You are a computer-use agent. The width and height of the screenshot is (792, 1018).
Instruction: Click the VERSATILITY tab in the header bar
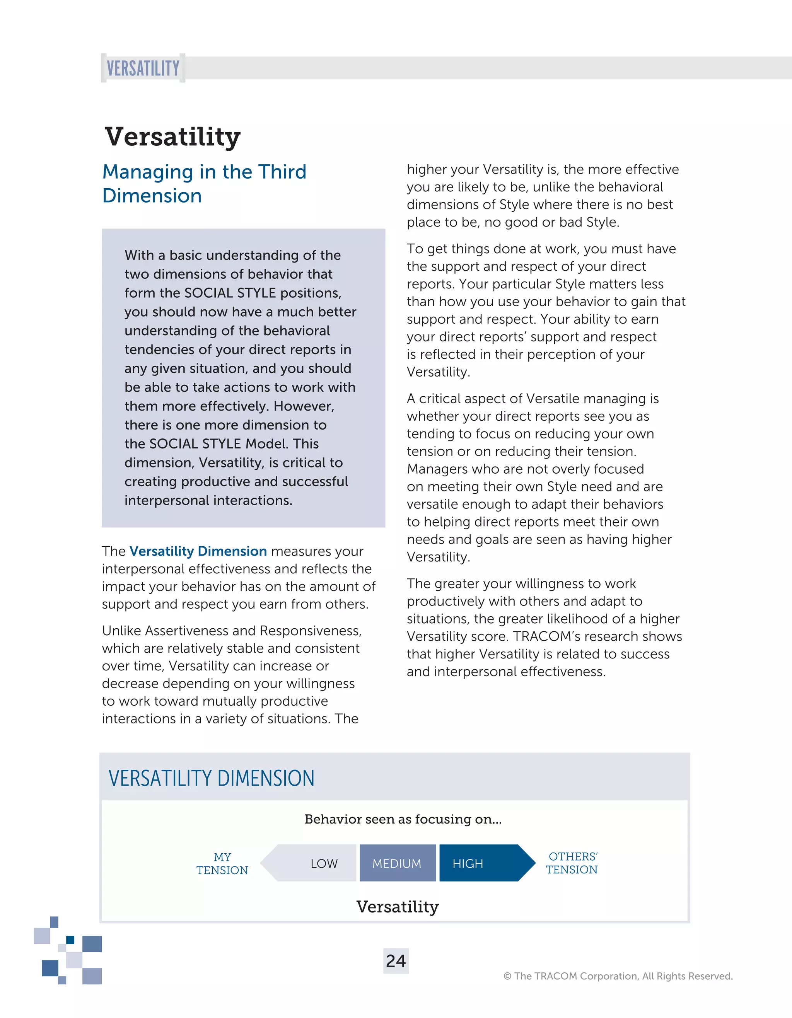[143, 68]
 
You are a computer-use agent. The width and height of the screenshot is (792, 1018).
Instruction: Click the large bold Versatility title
[172, 136]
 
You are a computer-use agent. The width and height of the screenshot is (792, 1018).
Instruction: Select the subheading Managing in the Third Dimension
[204, 183]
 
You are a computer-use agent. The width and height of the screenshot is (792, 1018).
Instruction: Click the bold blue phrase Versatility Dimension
[198, 551]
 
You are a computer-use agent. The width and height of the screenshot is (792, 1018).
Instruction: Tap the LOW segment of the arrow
[324, 863]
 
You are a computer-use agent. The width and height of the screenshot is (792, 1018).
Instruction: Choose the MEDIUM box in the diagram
[397, 863]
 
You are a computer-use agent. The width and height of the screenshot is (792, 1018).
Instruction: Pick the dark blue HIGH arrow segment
[480, 863]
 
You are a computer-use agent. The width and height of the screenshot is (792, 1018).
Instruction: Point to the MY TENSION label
[222, 863]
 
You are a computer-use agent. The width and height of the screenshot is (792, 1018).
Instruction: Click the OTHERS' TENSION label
[572, 863]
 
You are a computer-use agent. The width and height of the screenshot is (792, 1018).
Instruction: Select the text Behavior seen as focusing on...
[403, 819]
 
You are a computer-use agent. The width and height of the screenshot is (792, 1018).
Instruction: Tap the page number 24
[396, 961]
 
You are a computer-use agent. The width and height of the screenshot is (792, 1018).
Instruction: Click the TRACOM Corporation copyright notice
[618, 975]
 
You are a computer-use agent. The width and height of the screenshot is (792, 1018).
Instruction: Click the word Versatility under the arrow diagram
[398, 907]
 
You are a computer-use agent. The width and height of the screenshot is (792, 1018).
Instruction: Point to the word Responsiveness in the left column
[311, 630]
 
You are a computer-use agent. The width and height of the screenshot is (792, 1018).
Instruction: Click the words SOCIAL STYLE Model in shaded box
[234, 443]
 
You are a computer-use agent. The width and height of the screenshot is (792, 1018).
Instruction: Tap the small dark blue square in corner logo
[70, 939]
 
